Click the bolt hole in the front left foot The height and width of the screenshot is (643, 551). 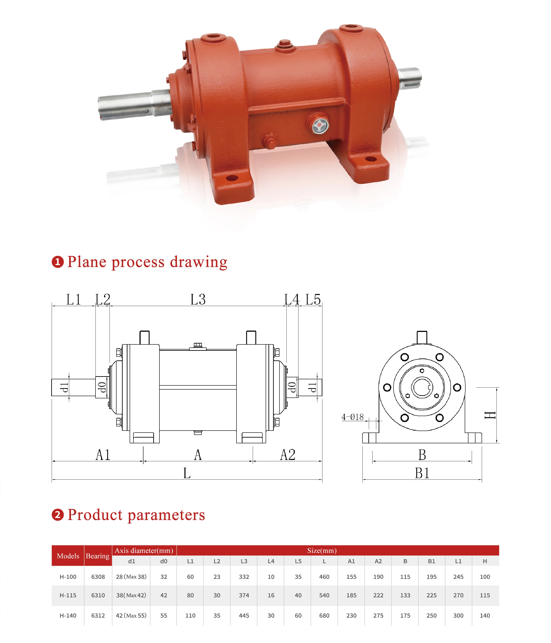click(x=232, y=178)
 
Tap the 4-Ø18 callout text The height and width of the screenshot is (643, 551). click(x=353, y=417)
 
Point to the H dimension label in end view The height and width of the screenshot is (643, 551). click(x=490, y=415)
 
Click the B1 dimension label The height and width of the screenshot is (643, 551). click(x=422, y=474)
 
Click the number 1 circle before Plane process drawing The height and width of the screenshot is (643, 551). click(x=58, y=262)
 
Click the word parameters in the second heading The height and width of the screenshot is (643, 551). click(x=166, y=515)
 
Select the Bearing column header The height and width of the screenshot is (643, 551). click(x=98, y=556)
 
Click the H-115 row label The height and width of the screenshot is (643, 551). click(x=68, y=595)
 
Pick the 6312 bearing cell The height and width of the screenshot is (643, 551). click(x=98, y=615)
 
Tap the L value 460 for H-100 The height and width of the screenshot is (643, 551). click(x=324, y=577)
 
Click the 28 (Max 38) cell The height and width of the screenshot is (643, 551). click(x=131, y=577)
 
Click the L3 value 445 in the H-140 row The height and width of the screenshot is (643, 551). click(x=244, y=615)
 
